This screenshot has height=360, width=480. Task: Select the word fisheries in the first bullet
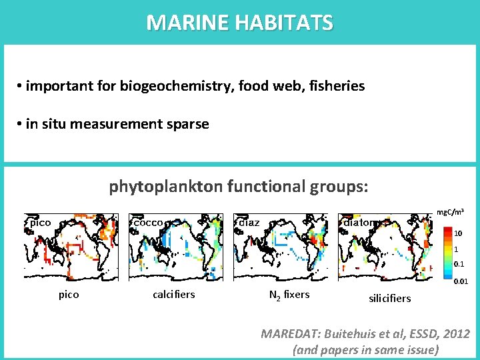(x=333, y=86)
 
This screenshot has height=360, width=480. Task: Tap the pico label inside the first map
(x=40, y=223)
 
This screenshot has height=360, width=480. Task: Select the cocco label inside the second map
(x=148, y=223)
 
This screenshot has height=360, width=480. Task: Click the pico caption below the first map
(x=69, y=294)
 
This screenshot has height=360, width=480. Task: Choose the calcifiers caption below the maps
(x=174, y=294)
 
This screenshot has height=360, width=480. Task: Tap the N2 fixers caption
(x=289, y=294)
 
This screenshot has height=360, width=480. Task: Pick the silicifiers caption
(x=390, y=298)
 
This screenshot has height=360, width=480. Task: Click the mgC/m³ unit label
(x=450, y=212)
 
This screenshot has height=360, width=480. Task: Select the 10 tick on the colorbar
(x=458, y=234)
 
